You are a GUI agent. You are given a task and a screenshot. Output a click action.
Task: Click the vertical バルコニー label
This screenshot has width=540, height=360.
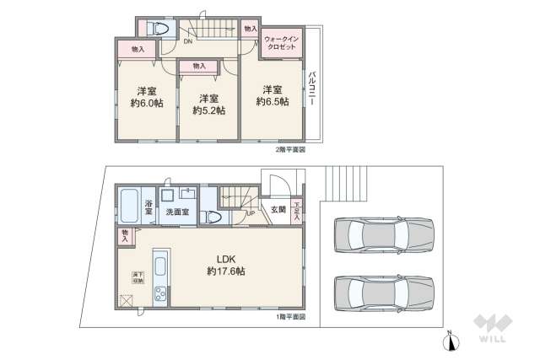(x=312, y=87)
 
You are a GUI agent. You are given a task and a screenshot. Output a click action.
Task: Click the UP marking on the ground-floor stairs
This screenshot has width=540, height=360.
(x=251, y=212)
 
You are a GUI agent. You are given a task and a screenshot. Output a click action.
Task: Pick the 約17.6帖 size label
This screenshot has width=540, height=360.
(x=227, y=271)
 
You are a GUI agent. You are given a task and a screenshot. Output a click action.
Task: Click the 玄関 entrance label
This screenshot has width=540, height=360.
(x=278, y=210)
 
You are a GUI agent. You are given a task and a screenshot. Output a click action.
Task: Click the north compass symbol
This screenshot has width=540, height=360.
(x=451, y=341)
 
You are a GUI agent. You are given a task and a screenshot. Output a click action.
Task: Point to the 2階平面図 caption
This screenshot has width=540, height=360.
(x=291, y=149)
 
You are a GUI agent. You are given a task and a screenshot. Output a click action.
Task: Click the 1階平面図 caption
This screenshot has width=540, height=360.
(x=290, y=317)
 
